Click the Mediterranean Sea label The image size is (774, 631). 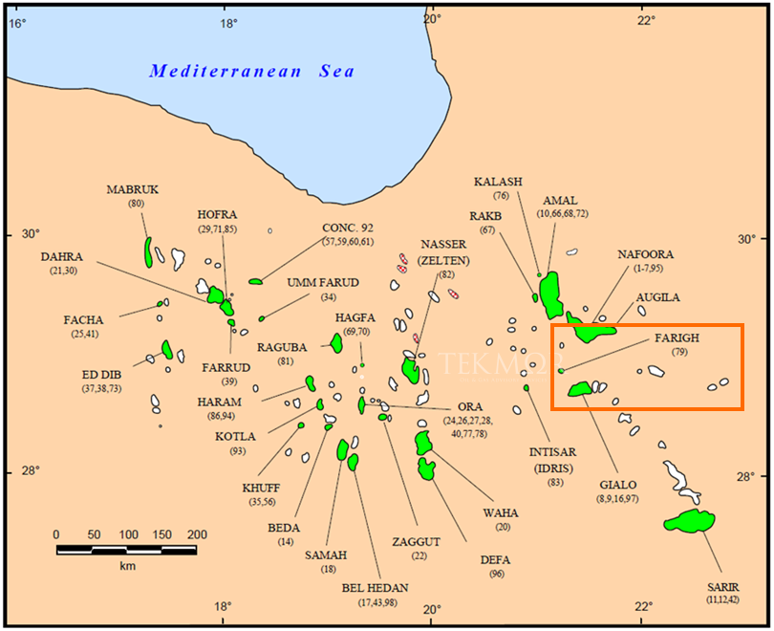(251, 71)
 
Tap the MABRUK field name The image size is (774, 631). (133, 189)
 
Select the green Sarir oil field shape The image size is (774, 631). (690, 521)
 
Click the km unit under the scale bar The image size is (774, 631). (127, 566)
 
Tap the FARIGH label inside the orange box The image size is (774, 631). (677, 338)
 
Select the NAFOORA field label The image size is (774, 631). (646, 254)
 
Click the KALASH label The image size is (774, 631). (498, 182)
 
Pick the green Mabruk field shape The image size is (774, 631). (148, 252)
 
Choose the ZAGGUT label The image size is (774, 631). (417, 541)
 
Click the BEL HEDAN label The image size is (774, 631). (375, 587)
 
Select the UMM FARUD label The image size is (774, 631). (323, 282)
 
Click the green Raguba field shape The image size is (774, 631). (336, 342)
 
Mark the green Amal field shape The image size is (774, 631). (551, 295)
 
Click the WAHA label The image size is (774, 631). (503, 511)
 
